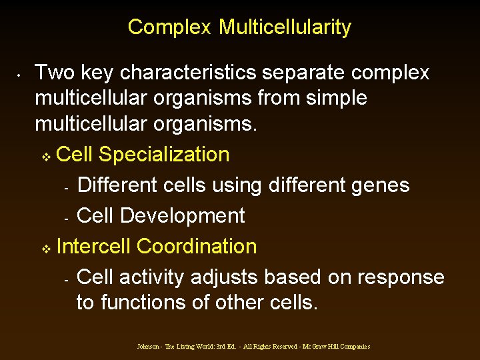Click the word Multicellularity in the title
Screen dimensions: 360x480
pos(285,27)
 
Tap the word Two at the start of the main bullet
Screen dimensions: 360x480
pos(50,72)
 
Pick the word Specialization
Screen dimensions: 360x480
pos(164,155)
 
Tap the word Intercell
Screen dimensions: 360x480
pos(94,246)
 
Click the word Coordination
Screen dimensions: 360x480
pos(197,246)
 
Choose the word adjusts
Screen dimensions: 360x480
pos(231,277)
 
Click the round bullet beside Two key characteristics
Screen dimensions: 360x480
pos(21,75)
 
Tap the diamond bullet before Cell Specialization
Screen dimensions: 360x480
pos(45,157)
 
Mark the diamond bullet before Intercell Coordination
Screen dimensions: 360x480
pos(45,249)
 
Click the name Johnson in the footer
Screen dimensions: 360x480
pos(148,347)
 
